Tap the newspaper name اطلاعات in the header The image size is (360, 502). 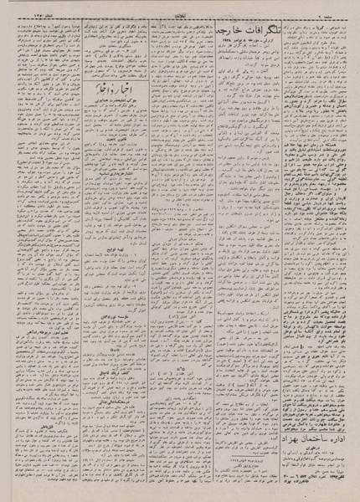point(179,6)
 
